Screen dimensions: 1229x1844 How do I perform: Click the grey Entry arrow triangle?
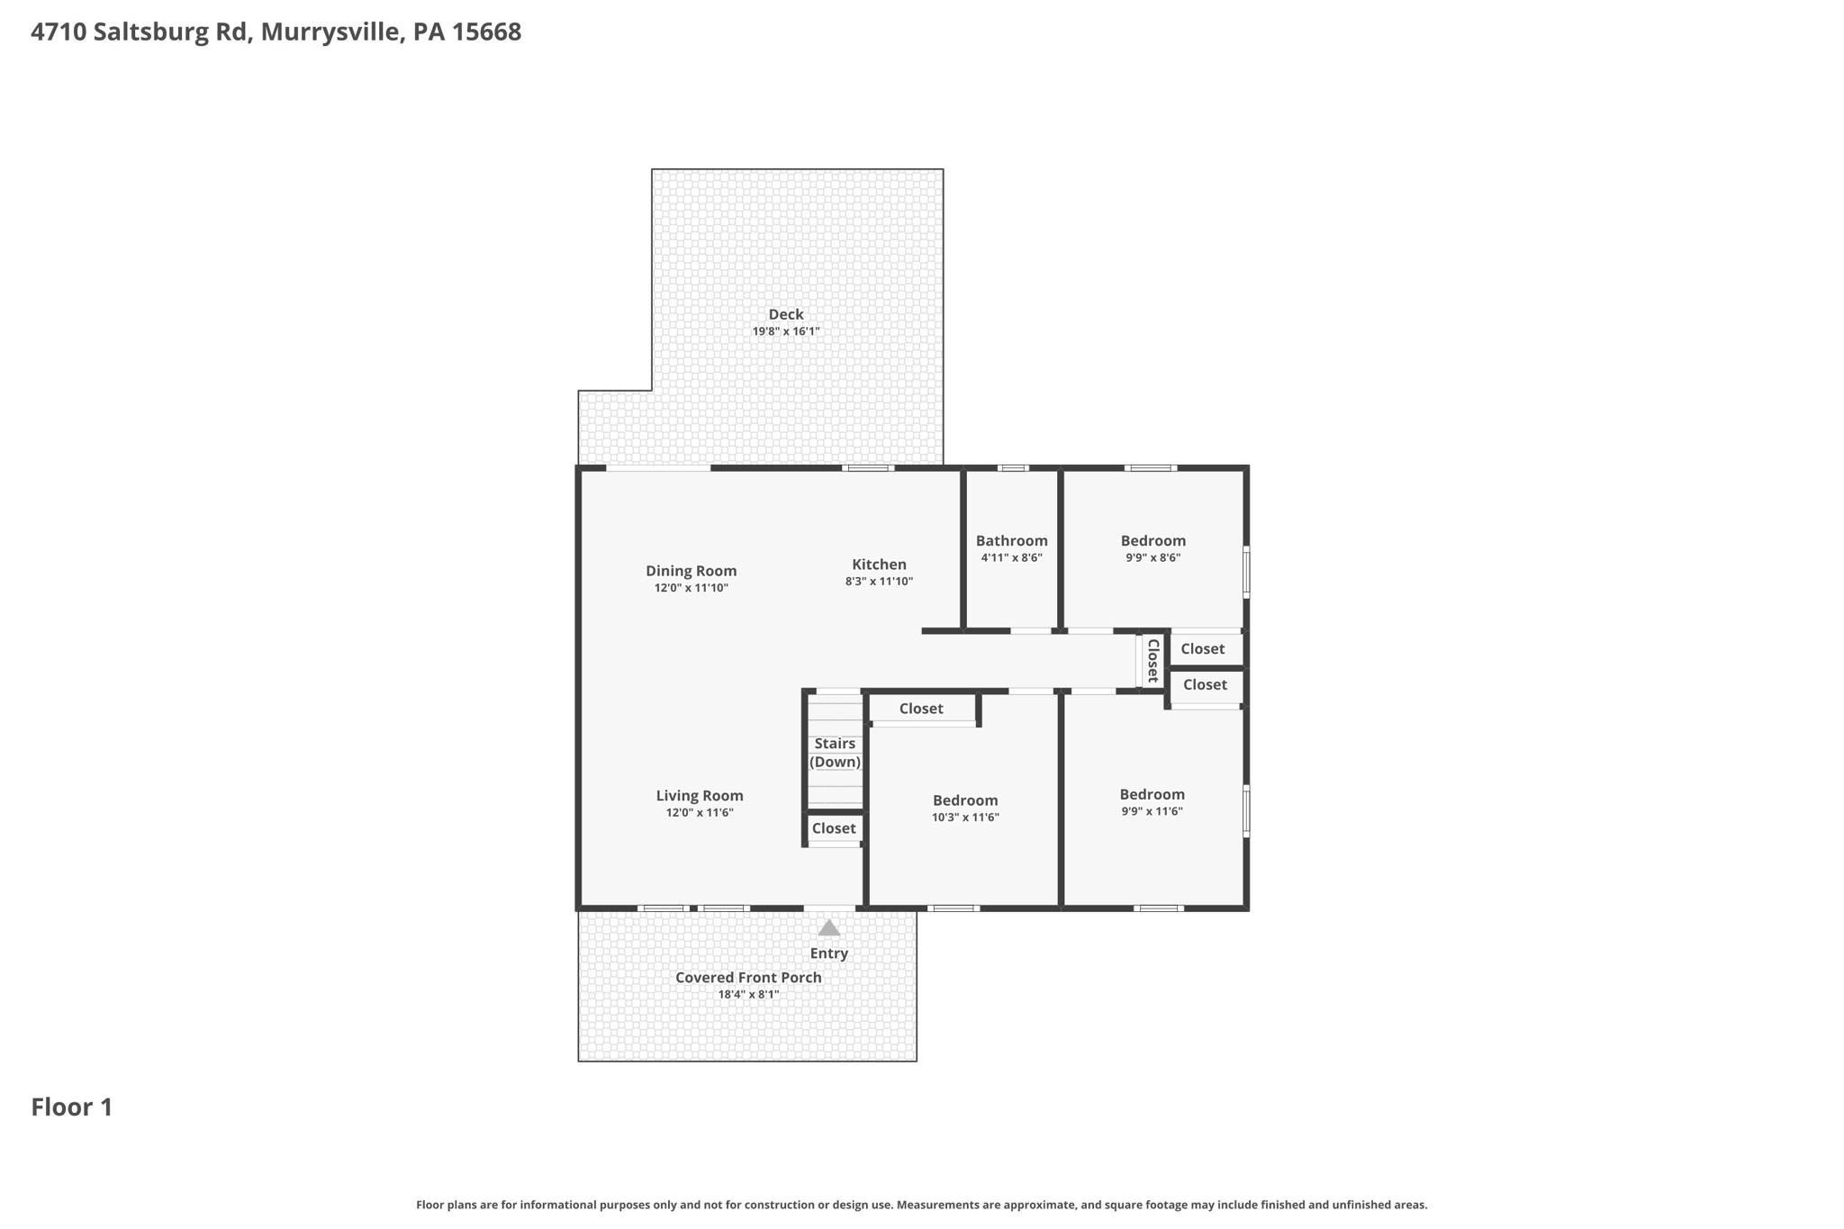(x=828, y=927)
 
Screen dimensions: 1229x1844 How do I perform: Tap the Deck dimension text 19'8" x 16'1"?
(x=785, y=331)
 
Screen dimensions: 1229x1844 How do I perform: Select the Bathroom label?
(x=1011, y=540)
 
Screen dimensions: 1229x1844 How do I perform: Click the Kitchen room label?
(x=879, y=565)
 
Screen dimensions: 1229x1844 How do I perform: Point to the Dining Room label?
(x=691, y=571)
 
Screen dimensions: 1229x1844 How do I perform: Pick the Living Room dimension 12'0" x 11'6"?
(x=700, y=813)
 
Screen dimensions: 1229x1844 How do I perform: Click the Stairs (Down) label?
(x=835, y=753)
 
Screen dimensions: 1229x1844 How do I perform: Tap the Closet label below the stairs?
(x=834, y=828)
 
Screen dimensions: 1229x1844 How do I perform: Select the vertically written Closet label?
(x=1152, y=661)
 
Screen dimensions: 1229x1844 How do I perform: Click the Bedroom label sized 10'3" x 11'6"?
(x=965, y=800)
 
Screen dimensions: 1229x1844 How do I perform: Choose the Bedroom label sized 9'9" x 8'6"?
(x=1152, y=540)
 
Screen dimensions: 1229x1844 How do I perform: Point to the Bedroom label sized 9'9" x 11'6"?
(x=1152, y=794)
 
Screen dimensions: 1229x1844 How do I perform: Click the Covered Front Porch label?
(x=748, y=978)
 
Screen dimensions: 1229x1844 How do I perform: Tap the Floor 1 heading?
(x=72, y=1107)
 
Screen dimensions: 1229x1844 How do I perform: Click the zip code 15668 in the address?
(x=486, y=32)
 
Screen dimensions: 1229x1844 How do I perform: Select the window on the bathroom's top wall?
(x=1013, y=468)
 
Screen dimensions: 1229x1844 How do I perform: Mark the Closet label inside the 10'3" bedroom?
(x=921, y=709)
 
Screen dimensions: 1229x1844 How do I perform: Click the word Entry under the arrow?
(x=828, y=953)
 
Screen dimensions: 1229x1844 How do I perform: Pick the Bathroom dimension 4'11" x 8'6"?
(x=1011, y=558)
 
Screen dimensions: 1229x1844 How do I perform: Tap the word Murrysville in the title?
(x=330, y=32)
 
